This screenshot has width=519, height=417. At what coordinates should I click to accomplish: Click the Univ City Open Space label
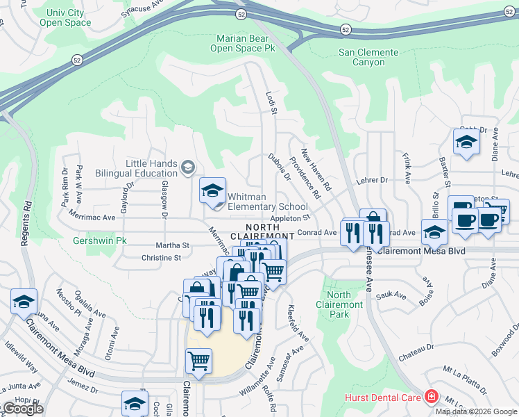click(68, 17)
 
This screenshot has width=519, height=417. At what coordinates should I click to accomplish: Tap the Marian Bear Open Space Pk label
click(246, 43)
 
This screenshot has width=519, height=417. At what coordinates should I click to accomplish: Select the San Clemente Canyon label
click(368, 57)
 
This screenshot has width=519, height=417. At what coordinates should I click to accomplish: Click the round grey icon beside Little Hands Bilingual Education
click(187, 167)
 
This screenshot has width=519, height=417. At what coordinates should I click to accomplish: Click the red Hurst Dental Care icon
click(432, 397)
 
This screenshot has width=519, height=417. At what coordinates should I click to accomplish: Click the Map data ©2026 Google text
click(476, 411)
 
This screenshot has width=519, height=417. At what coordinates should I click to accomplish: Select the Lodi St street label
click(271, 101)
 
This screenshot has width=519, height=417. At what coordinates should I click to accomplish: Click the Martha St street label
click(172, 245)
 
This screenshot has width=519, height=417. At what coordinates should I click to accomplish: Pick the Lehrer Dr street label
click(373, 180)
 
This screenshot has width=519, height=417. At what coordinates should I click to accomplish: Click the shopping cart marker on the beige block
click(199, 361)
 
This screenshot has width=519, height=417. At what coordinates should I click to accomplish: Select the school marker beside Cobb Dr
click(466, 143)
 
